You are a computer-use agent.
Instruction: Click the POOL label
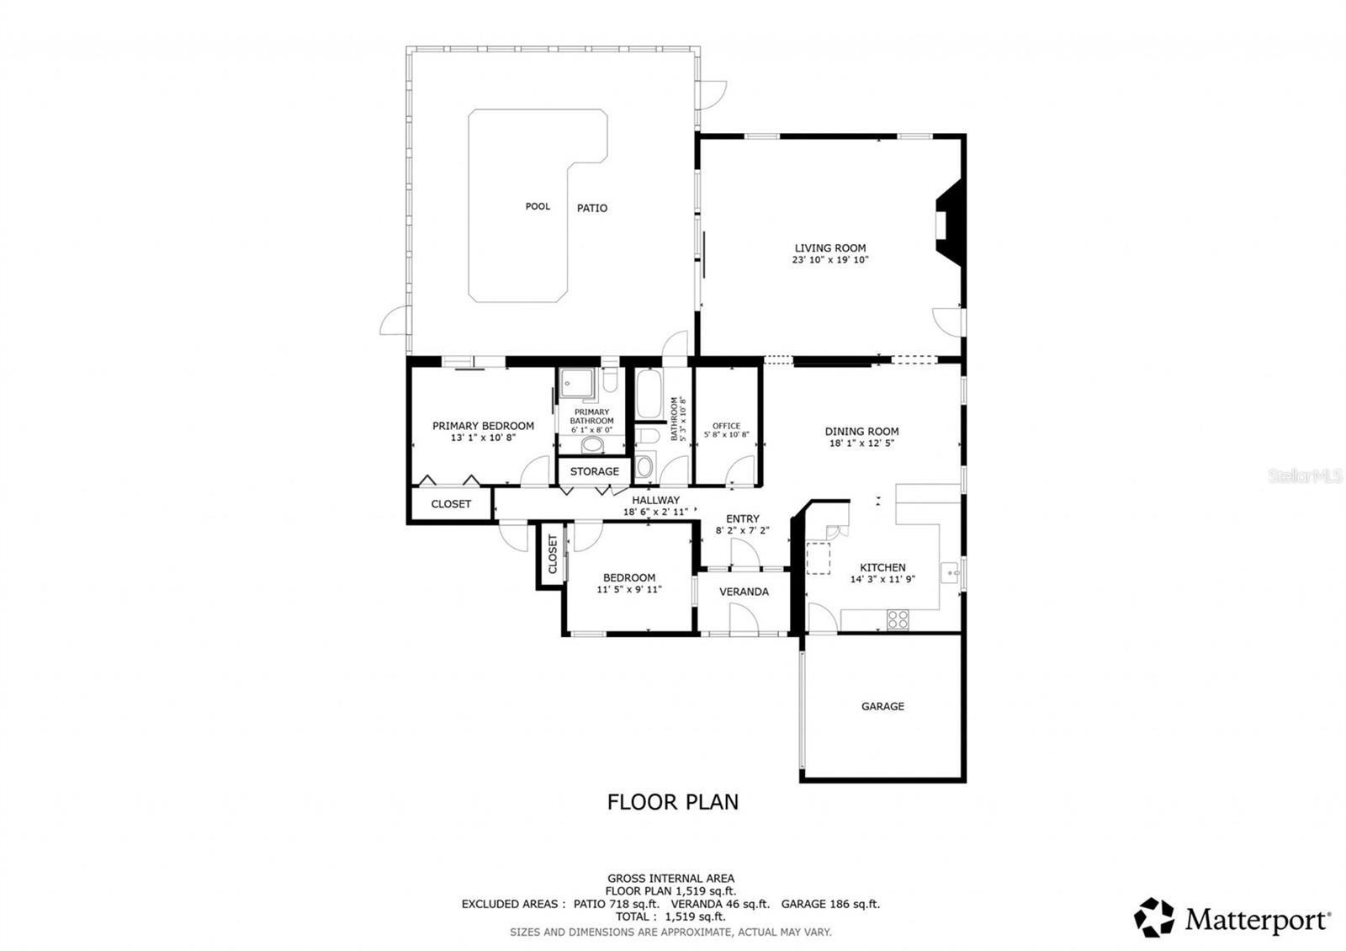tap(538, 206)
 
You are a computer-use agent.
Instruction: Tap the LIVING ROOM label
tap(830, 248)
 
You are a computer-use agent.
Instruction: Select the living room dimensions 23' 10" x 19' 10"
tap(830, 260)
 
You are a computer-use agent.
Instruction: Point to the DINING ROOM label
tap(861, 432)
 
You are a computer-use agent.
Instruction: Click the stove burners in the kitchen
tap(898, 619)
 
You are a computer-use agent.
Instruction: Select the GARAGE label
tap(882, 706)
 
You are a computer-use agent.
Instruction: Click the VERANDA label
tap(744, 592)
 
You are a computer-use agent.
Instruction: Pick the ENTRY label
tap(742, 519)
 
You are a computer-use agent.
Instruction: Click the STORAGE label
tap(594, 471)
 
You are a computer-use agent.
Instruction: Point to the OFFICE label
tap(726, 426)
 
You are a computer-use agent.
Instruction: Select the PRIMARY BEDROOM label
tap(483, 426)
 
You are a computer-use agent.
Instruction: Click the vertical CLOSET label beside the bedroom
tap(553, 555)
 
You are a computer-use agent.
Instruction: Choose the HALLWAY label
tap(655, 500)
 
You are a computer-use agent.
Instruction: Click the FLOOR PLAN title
tap(673, 802)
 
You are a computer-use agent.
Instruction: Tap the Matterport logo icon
tap(1154, 917)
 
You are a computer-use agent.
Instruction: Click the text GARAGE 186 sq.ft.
tap(830, 904)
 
